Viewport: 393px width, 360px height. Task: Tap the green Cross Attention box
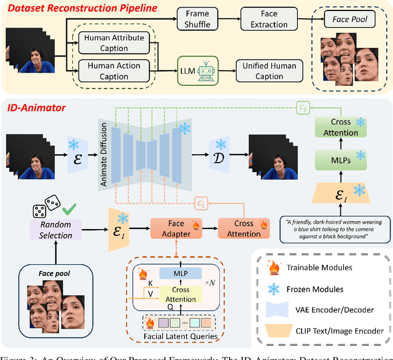point(340,128)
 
